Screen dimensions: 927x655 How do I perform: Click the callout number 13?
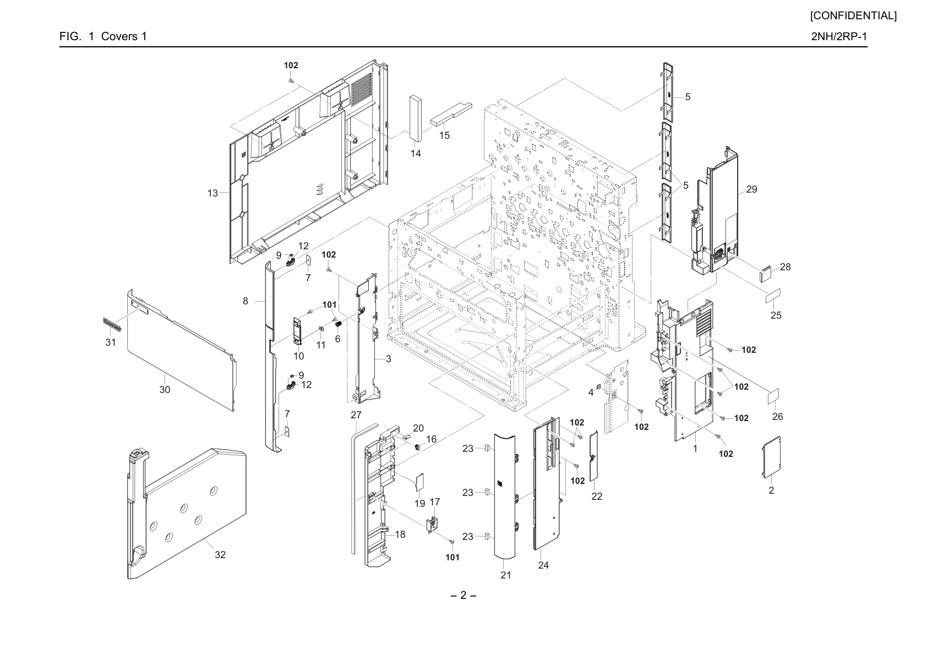click(212, 193)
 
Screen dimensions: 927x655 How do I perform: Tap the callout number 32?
click(220, 555)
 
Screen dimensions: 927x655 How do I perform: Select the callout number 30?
click(165, 390)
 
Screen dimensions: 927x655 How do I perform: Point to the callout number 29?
click(751, 189)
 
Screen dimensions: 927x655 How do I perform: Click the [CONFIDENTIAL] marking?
click(853, 16)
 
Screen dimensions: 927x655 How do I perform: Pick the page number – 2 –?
click(463, 596)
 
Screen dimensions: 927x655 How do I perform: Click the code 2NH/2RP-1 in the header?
click(839, 36)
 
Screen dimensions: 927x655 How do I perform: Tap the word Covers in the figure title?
click(119, 36)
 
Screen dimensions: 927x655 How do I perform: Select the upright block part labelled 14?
click(415, 118)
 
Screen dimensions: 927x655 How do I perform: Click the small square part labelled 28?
click(765, 274)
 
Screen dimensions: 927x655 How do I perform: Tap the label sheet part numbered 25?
click(773, 296)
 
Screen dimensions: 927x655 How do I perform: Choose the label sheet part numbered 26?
click(773, 396)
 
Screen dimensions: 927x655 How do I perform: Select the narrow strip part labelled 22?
click(594, 455)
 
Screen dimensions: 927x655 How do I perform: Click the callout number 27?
click(356, 415)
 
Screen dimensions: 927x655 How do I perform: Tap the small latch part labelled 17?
click(432, 525)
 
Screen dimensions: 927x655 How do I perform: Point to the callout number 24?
click(543, 565)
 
